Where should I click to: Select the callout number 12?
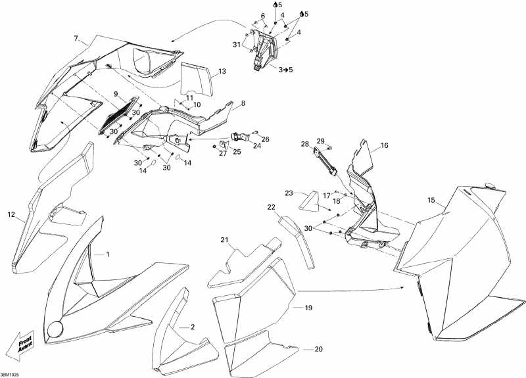tap(11, 214)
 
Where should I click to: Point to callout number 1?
tap(108, 254)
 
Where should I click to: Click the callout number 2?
tap(192, 327)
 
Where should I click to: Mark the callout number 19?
tap(308, 307)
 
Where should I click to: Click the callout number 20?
tap(319, 349)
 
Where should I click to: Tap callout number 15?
tap(431, 200)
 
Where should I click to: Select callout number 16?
tap(384, 145)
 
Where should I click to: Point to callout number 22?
tap(271, 207)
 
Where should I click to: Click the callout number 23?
tap(289, 193)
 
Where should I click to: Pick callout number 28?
tap(305, 144)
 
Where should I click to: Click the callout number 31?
tap(237, 44)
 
